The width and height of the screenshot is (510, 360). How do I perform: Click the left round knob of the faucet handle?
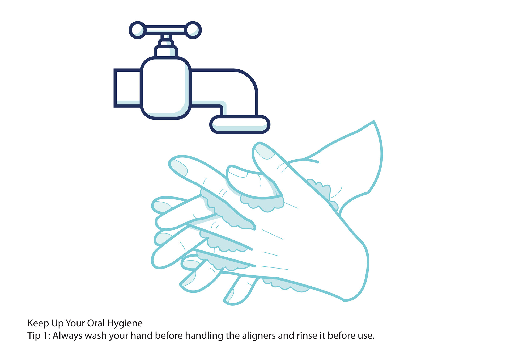(137, 30)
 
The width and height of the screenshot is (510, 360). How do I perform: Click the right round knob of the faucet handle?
(193, 30)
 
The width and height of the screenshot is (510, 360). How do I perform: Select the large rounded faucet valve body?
(166, 88)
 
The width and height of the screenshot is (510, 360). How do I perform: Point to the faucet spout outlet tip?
(240, 124)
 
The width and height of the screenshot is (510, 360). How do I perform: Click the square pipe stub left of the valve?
(127, 88)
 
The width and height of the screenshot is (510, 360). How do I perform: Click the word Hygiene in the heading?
(125, 324)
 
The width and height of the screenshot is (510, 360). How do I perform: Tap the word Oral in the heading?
(96, 323)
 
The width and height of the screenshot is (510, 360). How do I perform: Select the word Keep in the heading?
(38, 324)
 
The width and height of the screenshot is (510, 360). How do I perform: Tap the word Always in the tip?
(67, 336)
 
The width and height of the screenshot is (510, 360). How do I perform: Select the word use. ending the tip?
(366, 336)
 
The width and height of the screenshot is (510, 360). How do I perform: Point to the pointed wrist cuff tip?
(373, 122)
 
